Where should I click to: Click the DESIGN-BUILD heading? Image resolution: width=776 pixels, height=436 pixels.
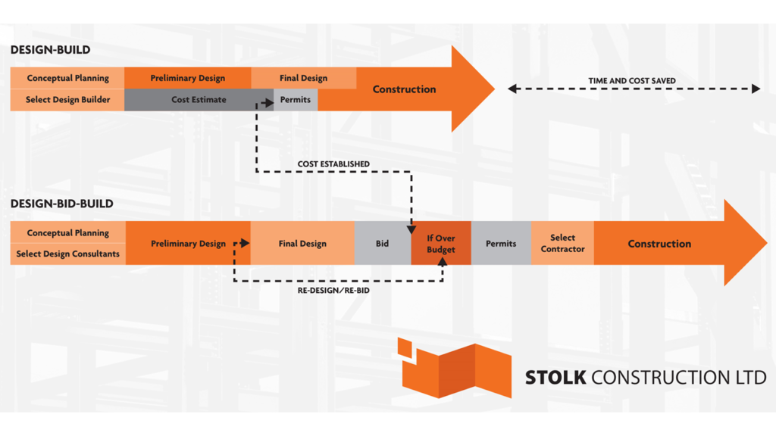click(50, 50)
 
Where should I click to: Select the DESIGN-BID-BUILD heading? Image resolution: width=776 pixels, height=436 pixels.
click(61, 204)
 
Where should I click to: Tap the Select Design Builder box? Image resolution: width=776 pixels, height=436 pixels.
click(67, 100)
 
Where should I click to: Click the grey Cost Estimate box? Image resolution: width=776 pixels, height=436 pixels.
click(199, 100)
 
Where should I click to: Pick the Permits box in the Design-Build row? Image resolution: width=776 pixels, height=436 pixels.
click(296, 100)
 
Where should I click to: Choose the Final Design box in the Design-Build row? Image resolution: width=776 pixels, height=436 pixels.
click(303, 78)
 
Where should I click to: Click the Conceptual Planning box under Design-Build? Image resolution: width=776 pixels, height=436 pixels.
click(67, 78)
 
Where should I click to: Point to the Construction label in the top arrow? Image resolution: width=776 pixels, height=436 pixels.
click(404, 89)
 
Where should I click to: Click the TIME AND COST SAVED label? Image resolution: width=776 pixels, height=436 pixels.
click(632, 81)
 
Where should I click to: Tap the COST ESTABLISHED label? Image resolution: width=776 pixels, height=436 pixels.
click(333, 164)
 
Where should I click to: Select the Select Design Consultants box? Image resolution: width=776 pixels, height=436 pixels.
click(67, 254)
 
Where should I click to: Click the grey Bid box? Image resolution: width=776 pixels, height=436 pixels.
click(382, 244)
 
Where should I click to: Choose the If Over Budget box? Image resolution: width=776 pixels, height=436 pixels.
click(440, 244)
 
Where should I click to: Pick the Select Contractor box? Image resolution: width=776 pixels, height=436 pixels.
click(562, 244)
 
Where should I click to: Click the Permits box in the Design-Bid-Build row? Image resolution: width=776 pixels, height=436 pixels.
click(501, 244)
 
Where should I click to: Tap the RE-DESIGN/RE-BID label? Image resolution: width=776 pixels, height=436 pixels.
click(334, 290)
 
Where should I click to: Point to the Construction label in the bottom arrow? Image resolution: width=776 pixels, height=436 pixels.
click(659, 244)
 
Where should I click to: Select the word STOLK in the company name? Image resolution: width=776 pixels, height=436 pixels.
click(555, 377)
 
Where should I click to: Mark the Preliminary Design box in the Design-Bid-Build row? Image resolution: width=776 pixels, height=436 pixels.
click(188, 244)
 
